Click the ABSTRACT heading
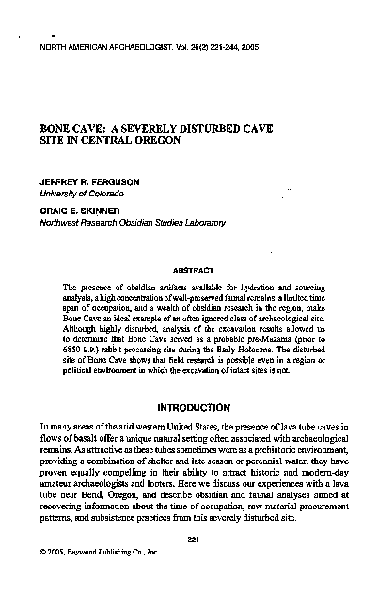pos(191,268)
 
